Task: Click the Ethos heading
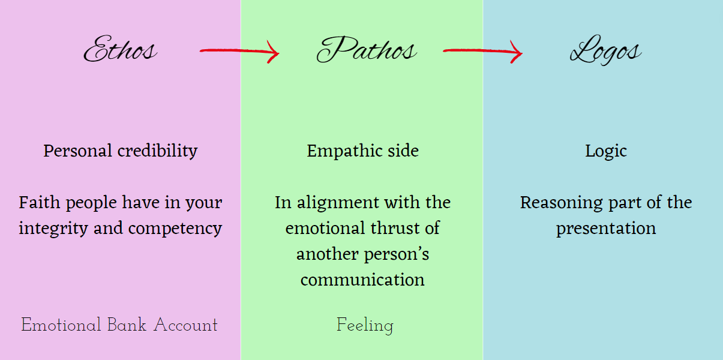pyautogui.click(x=120, y=50)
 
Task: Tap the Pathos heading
pyautogui.click(x=366, y=50)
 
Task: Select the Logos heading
pyautogui.click(x=605, y=50)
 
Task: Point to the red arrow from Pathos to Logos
pyautogui.click(x=482, y=52)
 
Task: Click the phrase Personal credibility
pyautogui.click(x=120, y=151)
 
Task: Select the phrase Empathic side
pyautogui.click(x=362, y=151)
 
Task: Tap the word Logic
pyautogui.click(x=606, y=151)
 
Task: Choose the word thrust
pyautogui.click(x=403, y=229)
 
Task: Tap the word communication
pyautogui.click(x=362, y=280)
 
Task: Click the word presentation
pyautogui.click(x=606, y=229)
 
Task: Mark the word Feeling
pyautogui.click(x=365, y=326)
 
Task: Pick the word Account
pyautogui.click(x=185, y=325)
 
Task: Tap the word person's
pyautogui.click(x=396, y=254)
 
